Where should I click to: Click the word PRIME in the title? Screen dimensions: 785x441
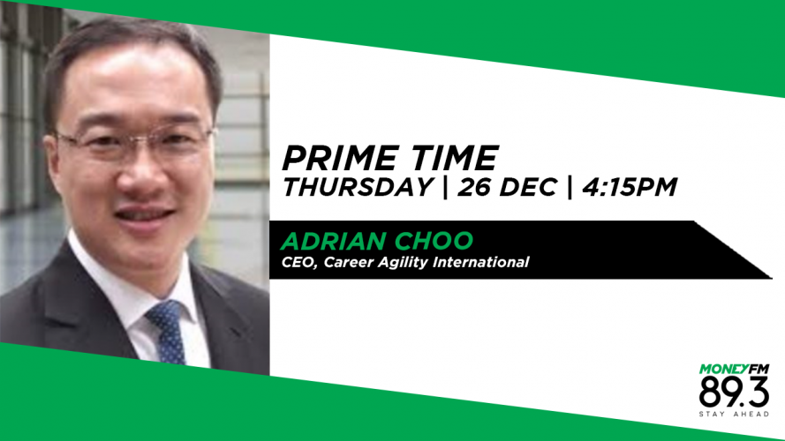pos(339,158)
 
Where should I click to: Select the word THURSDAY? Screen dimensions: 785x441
pos(358,187)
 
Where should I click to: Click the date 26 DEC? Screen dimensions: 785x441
pos(507,187)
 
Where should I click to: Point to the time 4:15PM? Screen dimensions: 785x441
pos(630,187)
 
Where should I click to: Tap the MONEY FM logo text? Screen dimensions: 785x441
pos(734,370)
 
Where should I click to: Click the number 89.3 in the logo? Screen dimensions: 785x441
pos(734,392)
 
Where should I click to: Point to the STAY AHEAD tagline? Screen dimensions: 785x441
pos(734,414)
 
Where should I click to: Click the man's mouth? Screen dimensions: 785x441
pos(144,213)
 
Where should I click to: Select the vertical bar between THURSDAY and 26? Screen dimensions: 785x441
pos(445,187)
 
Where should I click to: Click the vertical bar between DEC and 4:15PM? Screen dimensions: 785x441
pos(570,187)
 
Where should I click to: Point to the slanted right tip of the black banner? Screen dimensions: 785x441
pos(772,278)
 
